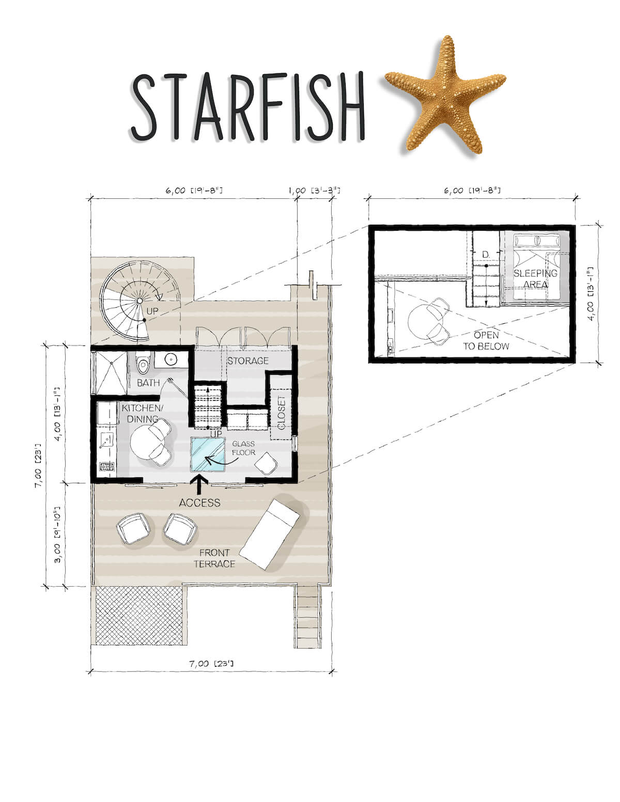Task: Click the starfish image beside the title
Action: [445, 94]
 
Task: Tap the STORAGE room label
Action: [248, 360]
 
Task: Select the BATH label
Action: [148, 383]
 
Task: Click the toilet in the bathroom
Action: [143, 362]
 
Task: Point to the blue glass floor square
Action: [208, 454]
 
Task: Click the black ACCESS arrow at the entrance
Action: [199, 484]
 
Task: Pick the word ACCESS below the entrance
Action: [199, 502]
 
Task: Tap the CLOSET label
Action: [282, 413]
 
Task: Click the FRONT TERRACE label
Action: [214, 558]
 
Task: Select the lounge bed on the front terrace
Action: [269, 534]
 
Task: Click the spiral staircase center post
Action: [139, 301]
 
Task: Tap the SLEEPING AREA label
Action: [535, 279]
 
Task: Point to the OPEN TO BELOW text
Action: [486, 341]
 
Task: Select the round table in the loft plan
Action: [423, 321]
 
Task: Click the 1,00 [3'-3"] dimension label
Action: [314, 191]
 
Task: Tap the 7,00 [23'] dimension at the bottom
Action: [211, 664]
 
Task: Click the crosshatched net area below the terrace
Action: [139, 616]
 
